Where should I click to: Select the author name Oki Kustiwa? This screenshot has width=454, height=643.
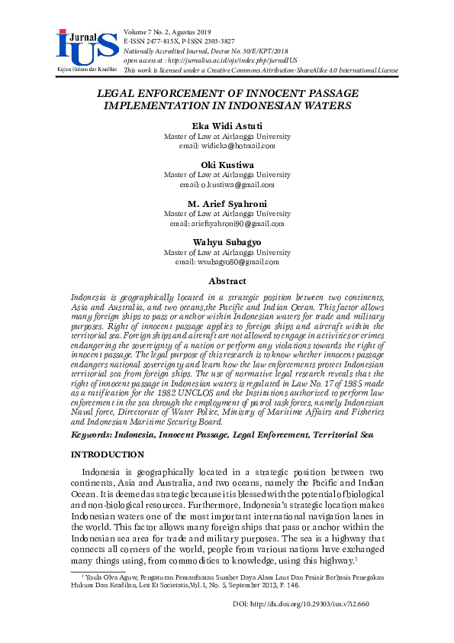(x=227, y=165)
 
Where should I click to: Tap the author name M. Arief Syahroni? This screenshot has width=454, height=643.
(x=227, y=204)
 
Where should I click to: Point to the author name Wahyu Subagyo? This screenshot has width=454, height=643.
(x=227, y=242)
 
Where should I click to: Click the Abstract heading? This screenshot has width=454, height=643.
(x=227, y=281)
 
